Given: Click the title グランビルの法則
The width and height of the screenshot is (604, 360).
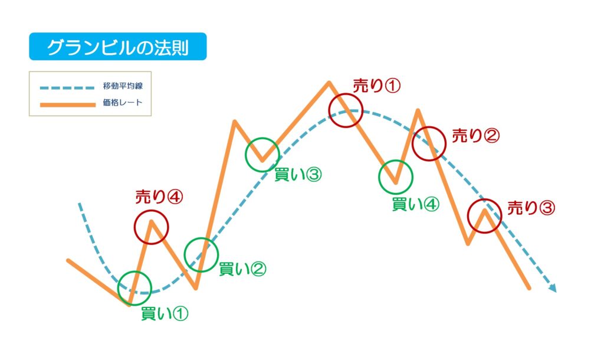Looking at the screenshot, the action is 118,47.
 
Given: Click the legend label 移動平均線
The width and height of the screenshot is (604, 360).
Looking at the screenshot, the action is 123,86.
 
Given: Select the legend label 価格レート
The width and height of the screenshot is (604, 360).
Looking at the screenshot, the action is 123,103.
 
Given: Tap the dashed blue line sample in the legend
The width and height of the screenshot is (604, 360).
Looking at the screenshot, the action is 67,87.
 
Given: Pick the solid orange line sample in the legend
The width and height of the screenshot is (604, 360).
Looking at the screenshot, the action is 67,104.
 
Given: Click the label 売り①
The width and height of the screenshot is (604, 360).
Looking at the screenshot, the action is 377,86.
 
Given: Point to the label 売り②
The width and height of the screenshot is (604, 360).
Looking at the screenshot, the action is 476,136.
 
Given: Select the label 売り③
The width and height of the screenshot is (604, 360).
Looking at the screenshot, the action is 531,208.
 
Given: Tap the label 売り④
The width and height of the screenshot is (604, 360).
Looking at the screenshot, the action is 159,197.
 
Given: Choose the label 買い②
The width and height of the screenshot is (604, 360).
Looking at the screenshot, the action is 242,269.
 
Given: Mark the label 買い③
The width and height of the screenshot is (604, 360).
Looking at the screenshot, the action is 298,175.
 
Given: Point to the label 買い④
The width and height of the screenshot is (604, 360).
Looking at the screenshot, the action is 416,204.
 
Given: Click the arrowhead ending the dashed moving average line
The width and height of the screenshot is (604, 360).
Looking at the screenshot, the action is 553,288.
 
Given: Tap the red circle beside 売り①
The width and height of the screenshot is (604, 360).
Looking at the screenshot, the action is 346,93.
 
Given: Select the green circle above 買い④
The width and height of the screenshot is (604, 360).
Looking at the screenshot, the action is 396,160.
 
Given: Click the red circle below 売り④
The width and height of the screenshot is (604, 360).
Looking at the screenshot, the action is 152,210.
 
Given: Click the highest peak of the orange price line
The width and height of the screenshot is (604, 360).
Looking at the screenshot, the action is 329,82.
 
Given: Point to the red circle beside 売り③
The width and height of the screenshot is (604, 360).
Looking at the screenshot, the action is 485,199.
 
